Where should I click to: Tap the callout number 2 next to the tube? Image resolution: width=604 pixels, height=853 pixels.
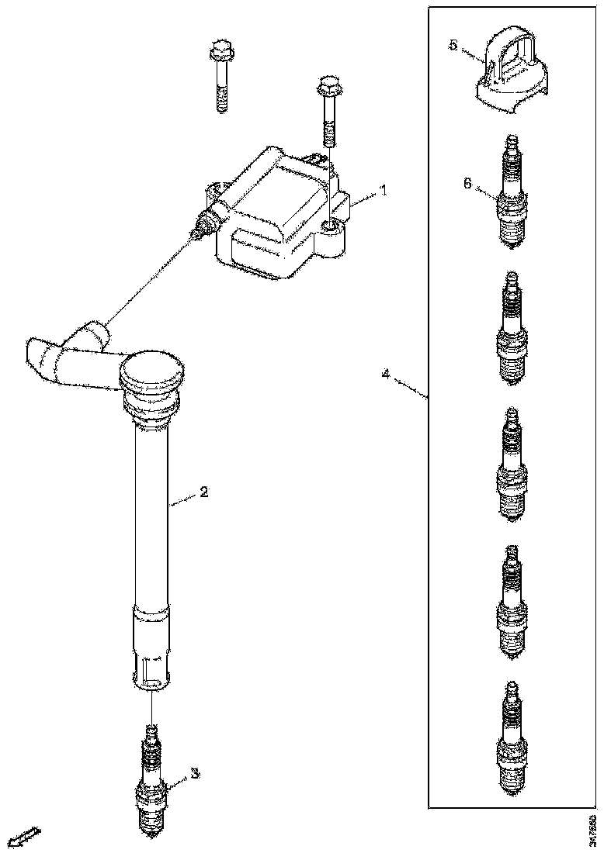(x=203, y=492)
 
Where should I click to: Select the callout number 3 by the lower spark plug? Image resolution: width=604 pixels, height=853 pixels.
(x=195, y=773)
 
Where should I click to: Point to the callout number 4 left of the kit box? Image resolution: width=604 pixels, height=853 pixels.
(x=386, y=375)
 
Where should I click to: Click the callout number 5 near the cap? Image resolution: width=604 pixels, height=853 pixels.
(x=453, y=45)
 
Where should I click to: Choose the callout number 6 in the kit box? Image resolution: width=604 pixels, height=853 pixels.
(x=466, y=183)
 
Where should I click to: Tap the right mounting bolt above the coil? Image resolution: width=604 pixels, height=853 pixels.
(x=328, y=109)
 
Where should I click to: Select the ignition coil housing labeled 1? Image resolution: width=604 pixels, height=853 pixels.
(x=279, y=213)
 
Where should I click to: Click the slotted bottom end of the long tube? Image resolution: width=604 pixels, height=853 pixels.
(x=152, y=667)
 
